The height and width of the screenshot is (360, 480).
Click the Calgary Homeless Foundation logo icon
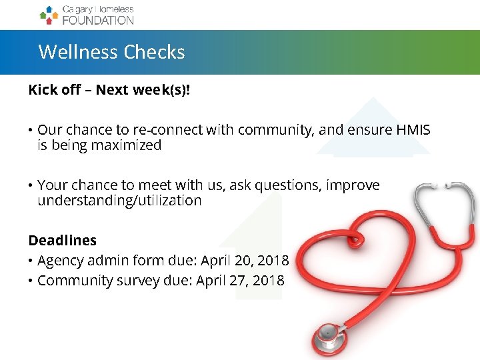[48, 15]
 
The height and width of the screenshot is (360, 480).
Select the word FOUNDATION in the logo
[98, 20]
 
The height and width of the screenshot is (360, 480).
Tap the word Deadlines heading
[62, 241]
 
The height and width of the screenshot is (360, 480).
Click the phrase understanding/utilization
[119, 201]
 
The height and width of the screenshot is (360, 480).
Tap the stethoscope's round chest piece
[328, 333]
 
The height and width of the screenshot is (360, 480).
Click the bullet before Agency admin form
[31, 261]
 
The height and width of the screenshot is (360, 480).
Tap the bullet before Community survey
[31, 281]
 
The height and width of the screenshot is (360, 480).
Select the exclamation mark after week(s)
[187, 90]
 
